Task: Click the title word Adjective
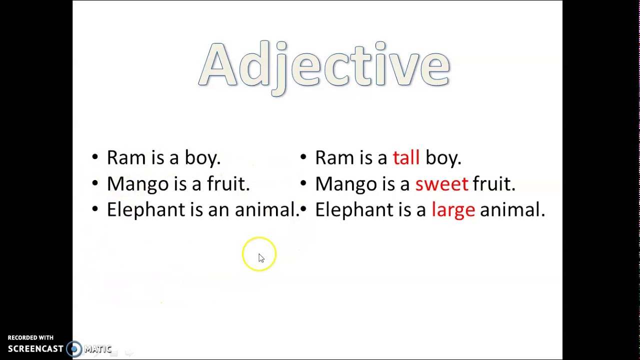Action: pyautogui.click(x=324, y=66)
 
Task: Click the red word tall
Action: pyautogui.click(x=406, y=158)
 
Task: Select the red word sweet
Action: pyautogui.click(x=441, y=184)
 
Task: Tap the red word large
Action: pyautogui.click(x=453, y=210)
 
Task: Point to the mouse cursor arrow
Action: pyautogui.click(x=261, y=257)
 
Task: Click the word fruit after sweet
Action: pyautogui.click(x=493, y=184)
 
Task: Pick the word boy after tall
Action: pyautogui.click(x=443, y=158)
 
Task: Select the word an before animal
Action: pyautogui.click(x=218, y=210)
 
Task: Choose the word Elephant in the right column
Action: pyautogui.click(x=354, y=210)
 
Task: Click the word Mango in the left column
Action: pyautogui.click(x=137, y=184)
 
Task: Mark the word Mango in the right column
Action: pyautogui.click(x=346, y=184)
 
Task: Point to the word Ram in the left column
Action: pyautogui.click(x=125, y=158)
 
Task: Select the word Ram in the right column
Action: pyautogui.click(x=333, y=158)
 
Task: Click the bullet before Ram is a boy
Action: pyautogui.click(x=95, y=157)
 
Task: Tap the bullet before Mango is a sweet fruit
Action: pyautogui.click(x=303, y=183)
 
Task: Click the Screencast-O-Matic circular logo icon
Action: pyautogui.click(x=74, y=349)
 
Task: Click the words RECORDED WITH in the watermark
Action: pyautogui.click(x=30, y=338)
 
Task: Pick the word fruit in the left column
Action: pyautogui.click(x=228, y=184)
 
